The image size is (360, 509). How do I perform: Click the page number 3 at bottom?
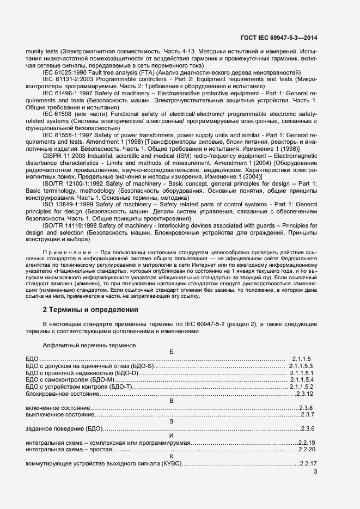click(x=316, y=471)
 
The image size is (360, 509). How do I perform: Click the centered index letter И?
click(x=172, y=436)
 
